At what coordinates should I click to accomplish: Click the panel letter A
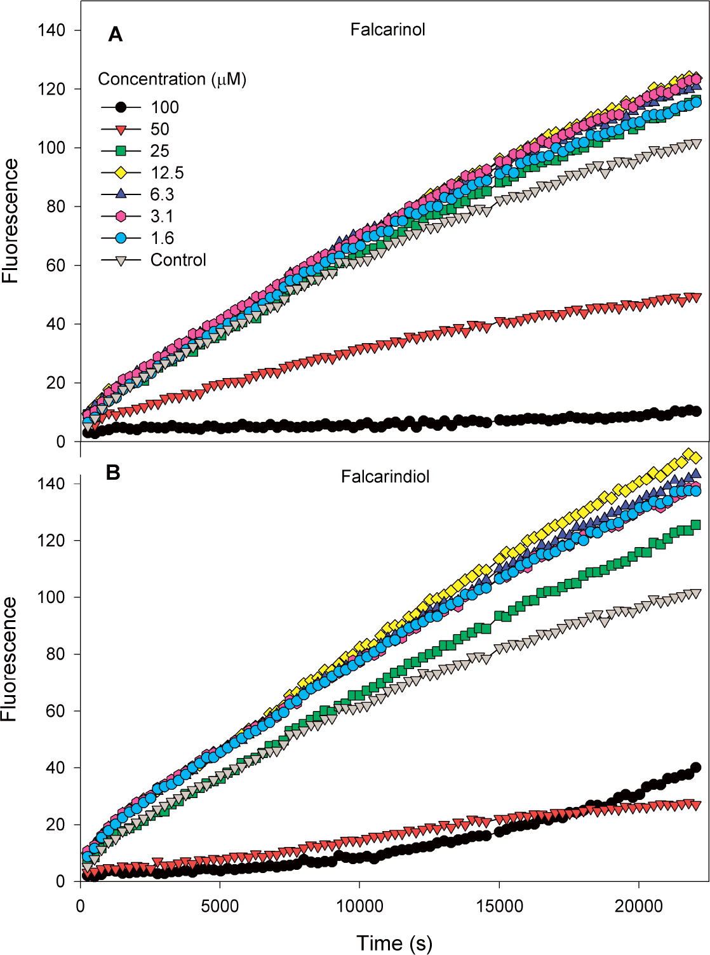(x=115, y=35)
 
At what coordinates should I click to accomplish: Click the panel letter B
(x=113, y=473)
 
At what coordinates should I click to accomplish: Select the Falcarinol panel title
(x=387, y=30)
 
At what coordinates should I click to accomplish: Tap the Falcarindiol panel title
(x=385, y=477)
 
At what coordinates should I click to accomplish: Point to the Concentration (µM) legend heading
(x=172, y=79)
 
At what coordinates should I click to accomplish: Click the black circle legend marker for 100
(x=121, y=107)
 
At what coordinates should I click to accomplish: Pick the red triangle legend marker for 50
(x=121, y=129)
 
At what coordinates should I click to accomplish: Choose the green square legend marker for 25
(x=121, y=151)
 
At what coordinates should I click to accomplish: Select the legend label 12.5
(x=167, y=173)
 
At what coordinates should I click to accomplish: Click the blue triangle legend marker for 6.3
(x=121, y=194)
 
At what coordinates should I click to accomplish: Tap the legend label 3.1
(x=162, y=217)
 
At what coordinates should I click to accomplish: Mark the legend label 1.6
(x=162, y=238)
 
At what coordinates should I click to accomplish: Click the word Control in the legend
(x=178, y=260)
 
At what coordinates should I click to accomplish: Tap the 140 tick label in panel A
(x=51, y=30)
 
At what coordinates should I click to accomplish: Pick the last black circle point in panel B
(x=696, y=768)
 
